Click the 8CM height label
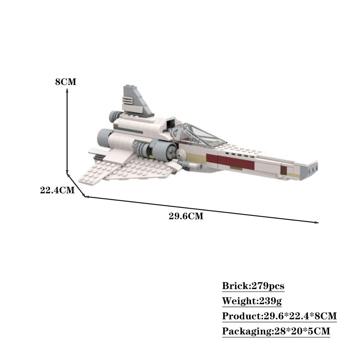click(66, 82)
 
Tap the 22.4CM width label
click(57, 190)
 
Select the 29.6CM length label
click(186, 216)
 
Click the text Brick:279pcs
click(253, 286)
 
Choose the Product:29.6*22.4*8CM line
click(279, 316)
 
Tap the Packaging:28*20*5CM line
click(276, 331)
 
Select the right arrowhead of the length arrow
click(317, 223)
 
